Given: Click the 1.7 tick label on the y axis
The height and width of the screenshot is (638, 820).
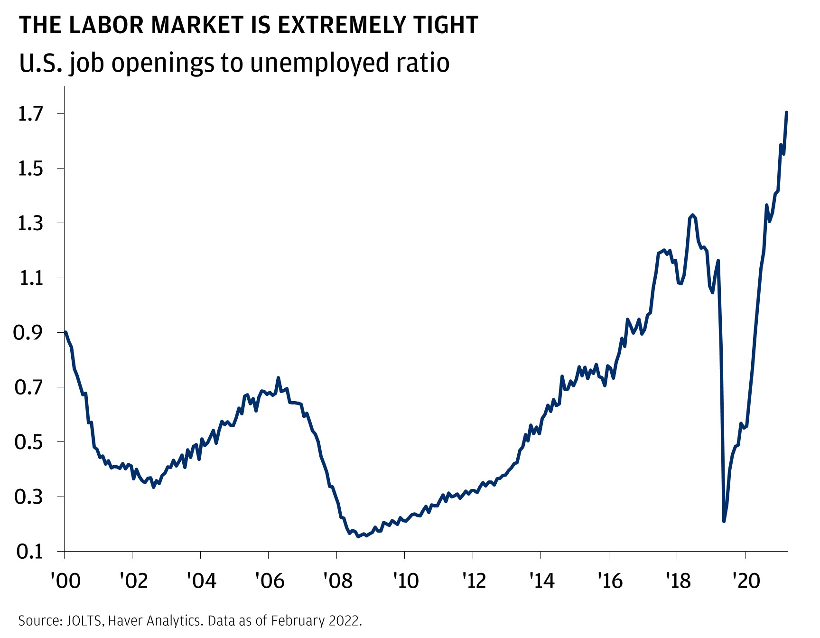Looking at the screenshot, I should pos(30,114).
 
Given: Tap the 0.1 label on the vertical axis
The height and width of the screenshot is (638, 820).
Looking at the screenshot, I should pos(30,552).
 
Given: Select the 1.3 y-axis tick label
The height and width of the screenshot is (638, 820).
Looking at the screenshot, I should pos(30,223).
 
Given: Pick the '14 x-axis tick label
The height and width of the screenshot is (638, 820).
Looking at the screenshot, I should pos(541,580).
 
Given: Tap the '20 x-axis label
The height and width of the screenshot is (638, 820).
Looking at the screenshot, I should pos(746,580).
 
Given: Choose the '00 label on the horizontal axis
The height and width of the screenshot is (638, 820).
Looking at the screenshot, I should pos(65,580).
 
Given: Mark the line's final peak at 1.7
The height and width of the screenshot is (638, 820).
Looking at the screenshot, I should pos(786,113).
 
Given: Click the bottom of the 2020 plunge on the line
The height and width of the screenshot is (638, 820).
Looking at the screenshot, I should pos(724,521).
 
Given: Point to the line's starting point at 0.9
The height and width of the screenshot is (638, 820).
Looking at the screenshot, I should pos(65,332).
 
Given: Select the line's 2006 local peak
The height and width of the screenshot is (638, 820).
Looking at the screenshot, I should pos(278,378).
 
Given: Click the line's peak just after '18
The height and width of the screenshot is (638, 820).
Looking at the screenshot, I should pos(693,215).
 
